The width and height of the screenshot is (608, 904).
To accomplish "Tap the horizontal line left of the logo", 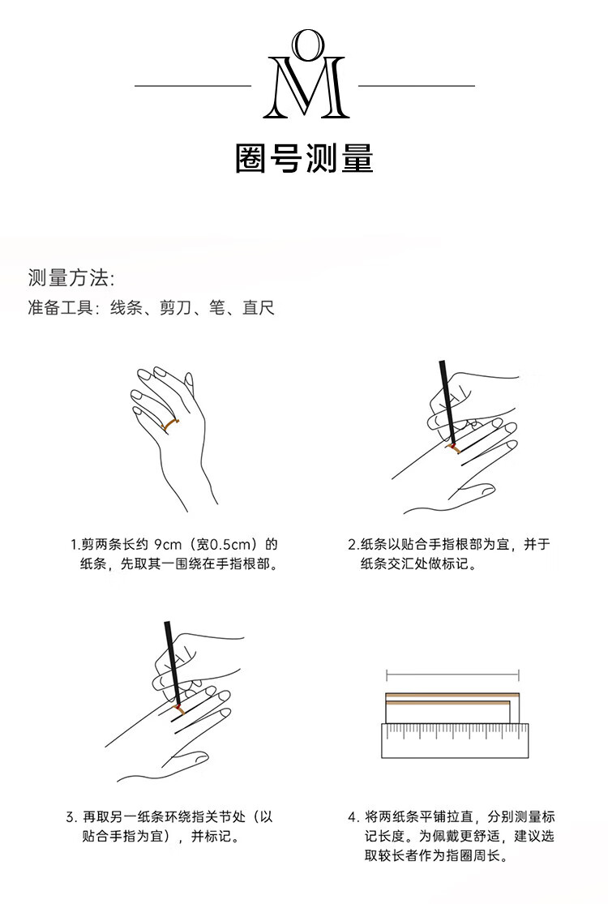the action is pyautogui.click(x=193, y=86).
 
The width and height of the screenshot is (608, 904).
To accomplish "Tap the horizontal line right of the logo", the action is pyautogui.click(x=417, y=86).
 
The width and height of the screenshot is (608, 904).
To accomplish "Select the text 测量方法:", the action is pyautogui.click(x=71, y=278).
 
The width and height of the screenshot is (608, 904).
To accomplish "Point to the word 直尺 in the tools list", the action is pyautogui.click(x=258, y=308).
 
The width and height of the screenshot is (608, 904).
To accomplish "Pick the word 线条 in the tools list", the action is pyautogui.click(x=126, y=308).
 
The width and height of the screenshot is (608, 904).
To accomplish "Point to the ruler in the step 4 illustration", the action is pyautogui.click(x=455, y=740).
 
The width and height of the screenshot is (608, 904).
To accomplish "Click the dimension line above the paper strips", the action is pyautogui.click(x=452, y=675).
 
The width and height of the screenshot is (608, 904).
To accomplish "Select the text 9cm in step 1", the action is pyautogui.click(x=168, y=544).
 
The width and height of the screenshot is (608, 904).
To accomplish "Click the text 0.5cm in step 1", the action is pyautogui.click(x=229, y=544).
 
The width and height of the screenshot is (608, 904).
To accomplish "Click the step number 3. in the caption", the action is pyautogui.click(x=71, y=817).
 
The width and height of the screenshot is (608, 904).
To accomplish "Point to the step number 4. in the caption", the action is pyautogui.click(x=353, y=817).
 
